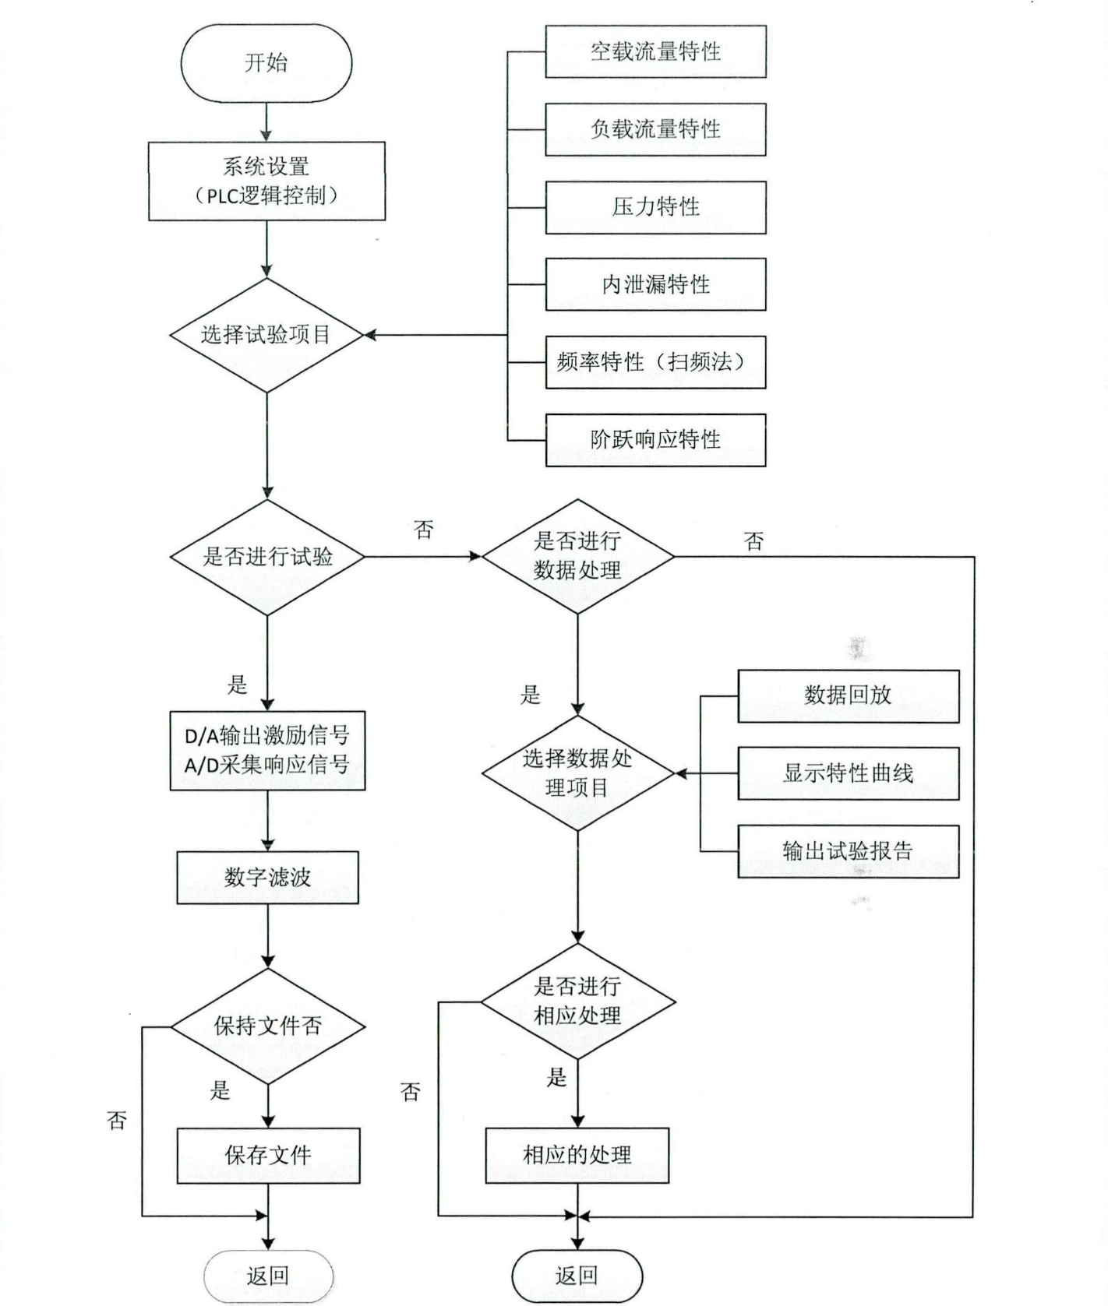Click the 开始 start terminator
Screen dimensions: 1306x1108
click(266, 62)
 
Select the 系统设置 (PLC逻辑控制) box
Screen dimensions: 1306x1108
click(266, 181)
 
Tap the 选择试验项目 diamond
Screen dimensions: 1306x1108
click(266, 335)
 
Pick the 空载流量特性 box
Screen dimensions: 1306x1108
click(655, 51)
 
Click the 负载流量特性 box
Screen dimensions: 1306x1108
click(655, 129)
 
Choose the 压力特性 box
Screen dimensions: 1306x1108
click(655, 207)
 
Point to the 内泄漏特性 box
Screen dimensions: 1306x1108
click(655, 284)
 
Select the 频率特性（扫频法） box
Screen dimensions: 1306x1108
click(655, 362)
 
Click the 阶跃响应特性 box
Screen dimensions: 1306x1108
click(655, 440)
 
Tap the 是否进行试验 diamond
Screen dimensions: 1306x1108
click(266, 557)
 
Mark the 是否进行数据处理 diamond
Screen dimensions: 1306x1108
click(577, 556)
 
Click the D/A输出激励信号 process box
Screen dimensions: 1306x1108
click(267, 751)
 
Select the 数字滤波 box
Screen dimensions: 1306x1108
click(267, 878)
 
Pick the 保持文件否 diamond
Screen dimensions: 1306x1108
click(267, 1026)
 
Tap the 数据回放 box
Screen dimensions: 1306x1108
click(848, 695)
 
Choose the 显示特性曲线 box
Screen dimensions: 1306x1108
click(848, 773)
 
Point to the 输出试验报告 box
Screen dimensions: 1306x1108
click(848, 851)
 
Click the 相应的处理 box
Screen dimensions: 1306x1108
click(577, 1155)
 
